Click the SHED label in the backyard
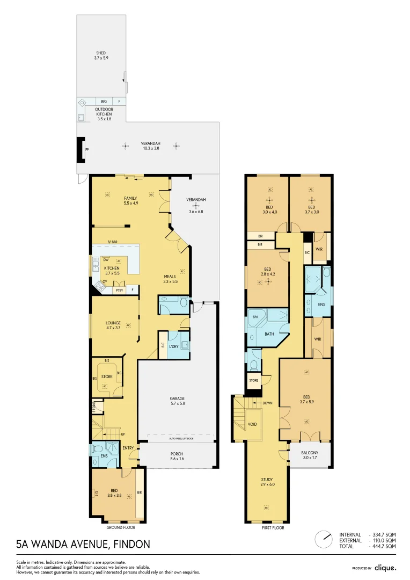click(101, 53)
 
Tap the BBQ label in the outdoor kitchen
click(103, 101)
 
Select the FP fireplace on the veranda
click(86, 150)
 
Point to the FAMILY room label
click(130, 198)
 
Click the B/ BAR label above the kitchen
click(112, 241)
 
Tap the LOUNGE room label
click(113, 323)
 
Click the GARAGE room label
click(177, 398)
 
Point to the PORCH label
click(177, 454)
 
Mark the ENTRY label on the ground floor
click(128, 448)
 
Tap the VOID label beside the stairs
click(252, 424)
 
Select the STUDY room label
click(267, 480)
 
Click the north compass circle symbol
click(324, 538)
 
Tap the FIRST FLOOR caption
click(273, 528)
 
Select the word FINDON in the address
click(130, 544)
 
